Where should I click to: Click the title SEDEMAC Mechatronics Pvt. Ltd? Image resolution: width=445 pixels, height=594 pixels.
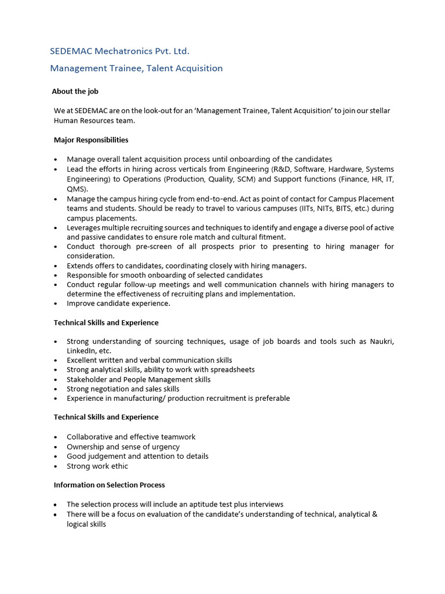tap(119, 52)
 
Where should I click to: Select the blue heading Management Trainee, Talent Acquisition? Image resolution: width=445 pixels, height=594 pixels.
tap(136, 68)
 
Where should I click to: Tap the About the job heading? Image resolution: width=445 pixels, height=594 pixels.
tap(79, 92)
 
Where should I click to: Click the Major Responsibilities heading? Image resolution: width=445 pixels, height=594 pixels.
tap(91, 140)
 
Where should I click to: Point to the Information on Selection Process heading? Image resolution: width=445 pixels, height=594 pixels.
tap(109, 485)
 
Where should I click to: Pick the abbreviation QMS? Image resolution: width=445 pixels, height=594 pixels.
tap(76, 189)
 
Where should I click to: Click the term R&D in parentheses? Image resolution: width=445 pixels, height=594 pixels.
tap(283, 169)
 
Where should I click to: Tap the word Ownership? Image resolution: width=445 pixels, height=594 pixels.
tap(86, 447)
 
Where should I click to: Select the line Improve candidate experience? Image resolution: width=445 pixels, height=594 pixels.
tap(118, 303)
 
